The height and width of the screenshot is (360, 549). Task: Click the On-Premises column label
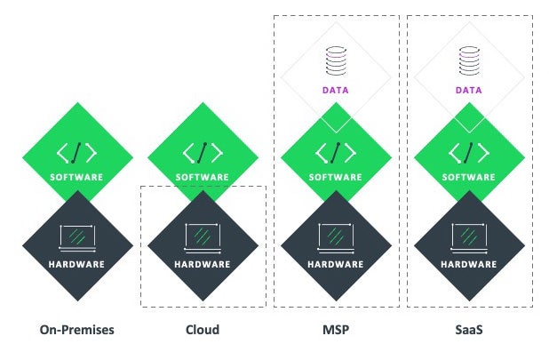point(77,330)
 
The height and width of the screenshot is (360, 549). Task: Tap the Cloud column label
point(203,330)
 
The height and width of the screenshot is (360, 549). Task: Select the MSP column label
point(336,330)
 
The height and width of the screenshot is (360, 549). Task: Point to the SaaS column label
point(470,330)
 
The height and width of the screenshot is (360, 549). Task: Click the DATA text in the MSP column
point(336,91)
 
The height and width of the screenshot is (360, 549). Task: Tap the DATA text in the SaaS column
point(470,91)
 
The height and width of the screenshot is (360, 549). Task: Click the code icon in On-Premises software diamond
point(77,152)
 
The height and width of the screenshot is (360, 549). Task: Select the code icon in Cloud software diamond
point(203,152)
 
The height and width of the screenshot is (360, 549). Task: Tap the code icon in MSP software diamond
point(336,152)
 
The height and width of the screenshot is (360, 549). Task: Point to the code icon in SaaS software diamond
point(470,152)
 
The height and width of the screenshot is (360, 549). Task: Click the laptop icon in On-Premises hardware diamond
point(77,236)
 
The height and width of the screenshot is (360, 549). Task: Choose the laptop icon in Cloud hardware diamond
point(203,236)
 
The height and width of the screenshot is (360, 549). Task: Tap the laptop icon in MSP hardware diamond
point(336,236)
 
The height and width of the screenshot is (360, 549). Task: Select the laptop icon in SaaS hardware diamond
point(470,236)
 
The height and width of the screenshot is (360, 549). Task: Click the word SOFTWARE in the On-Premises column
point(77,177)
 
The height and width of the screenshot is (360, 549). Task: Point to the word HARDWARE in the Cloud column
point(203,264)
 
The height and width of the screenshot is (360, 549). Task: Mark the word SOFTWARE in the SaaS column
point(470,177)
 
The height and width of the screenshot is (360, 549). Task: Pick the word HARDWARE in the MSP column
point(336,264)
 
